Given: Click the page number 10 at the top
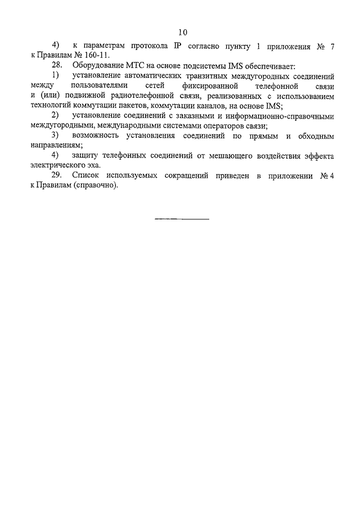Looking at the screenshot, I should click(181, 32).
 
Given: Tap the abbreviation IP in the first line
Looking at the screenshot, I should click(179, 47).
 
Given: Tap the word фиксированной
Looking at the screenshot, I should click(215, 85).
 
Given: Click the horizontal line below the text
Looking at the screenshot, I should click(181, 218).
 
